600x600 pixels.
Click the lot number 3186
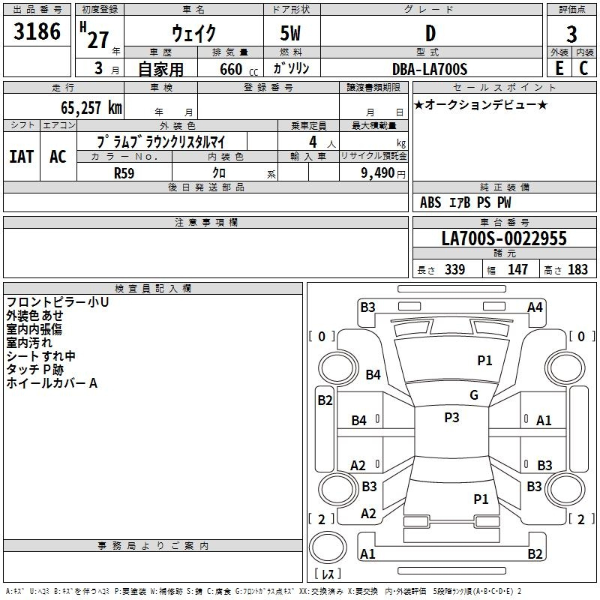[37, 31]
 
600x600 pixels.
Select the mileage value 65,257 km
[91, 108]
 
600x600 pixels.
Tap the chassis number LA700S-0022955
[504, 238]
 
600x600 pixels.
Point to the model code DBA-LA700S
[430, 69]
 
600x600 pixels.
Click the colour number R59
[124, 173]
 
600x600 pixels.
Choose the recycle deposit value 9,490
[378, 173]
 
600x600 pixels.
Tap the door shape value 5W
[290, 33]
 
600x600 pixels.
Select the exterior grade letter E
[559, 68]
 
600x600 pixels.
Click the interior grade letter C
[583, 68]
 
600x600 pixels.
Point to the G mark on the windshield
[474, 395]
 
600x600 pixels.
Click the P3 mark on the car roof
[451, 418]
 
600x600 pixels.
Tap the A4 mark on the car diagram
[535, 307]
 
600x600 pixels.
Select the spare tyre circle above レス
[328, 547]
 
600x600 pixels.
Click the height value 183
[577, 269]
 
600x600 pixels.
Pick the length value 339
[455, 269]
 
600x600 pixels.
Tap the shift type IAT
[22, 157]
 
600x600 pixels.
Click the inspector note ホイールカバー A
[52, 383]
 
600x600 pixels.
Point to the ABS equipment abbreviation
[430, 202]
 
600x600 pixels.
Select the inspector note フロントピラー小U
[58, 302]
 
